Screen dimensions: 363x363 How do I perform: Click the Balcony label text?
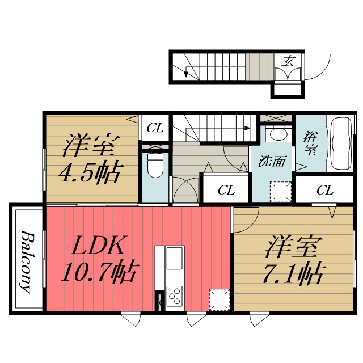(26, 260)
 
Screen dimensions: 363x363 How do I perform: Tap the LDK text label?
(98, 248)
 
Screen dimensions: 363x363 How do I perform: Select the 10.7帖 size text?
(97, 274)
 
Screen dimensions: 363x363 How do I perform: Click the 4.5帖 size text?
(90, 172)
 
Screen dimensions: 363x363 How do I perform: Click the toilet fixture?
(154, 166)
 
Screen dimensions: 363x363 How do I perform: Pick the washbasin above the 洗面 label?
(277, 135)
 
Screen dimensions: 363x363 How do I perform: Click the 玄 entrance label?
(289, 61)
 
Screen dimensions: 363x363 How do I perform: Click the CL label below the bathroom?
(324, 190)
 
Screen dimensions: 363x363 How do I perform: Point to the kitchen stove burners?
(175, 297)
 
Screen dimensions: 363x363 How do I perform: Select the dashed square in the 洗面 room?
(280, 192)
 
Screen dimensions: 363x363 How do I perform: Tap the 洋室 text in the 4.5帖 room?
(90, 145)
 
